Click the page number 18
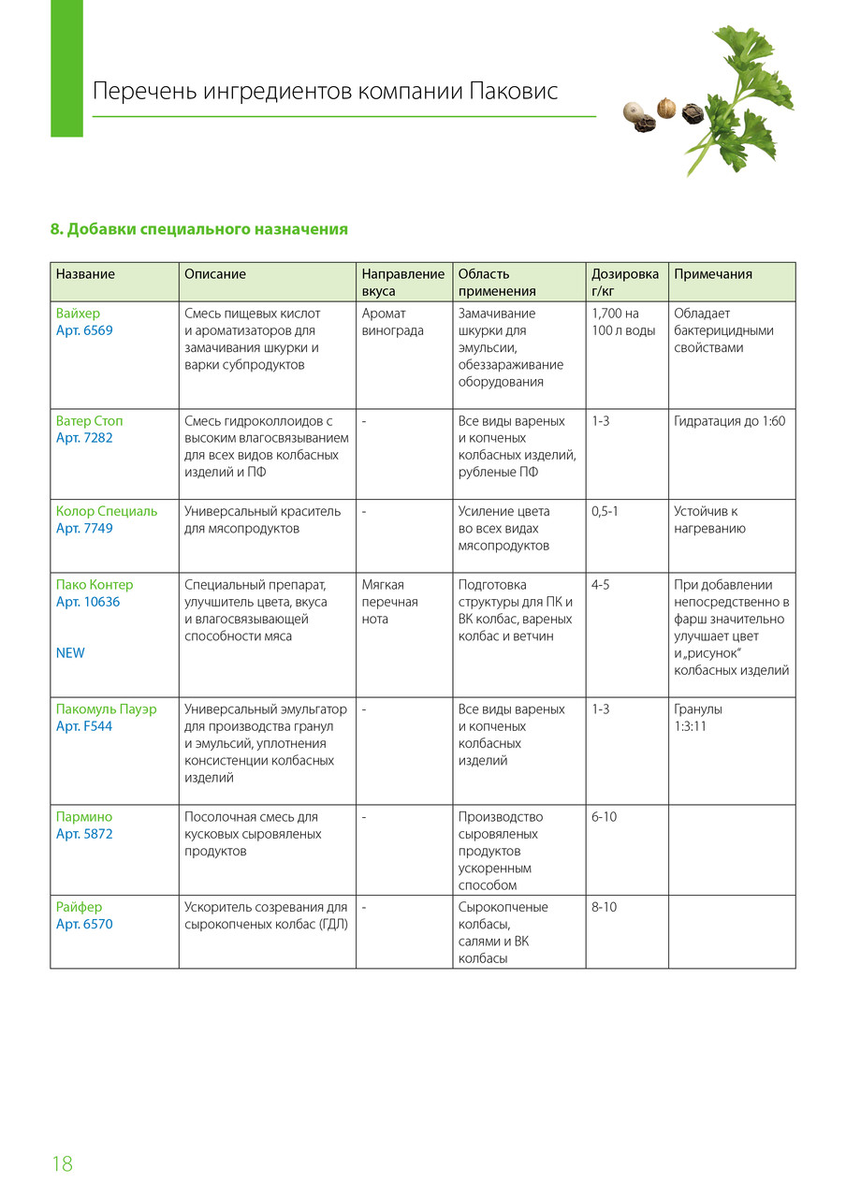coord(62,1164)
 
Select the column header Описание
coord(215,274)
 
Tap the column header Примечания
coord(713,274)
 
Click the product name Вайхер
coord(78,314)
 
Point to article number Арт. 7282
coord(84,438)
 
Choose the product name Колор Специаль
coord(107,512)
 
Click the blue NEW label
coord(70,653)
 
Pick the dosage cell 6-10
coord(605,817)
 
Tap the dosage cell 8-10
coord(605,907)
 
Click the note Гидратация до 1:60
coord(730,421)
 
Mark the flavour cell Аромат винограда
coord(393,322)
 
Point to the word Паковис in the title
coord(513,91)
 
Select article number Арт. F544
coord(84,726)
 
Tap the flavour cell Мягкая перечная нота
coord(390,602)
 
